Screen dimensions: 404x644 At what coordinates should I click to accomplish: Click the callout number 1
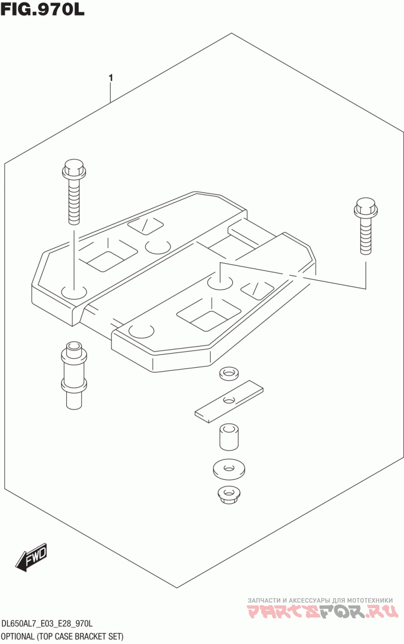click(111, 78)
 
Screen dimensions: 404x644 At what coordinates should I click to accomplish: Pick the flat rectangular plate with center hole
click(229, 400)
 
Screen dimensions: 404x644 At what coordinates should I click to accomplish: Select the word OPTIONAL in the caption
click(18, 636)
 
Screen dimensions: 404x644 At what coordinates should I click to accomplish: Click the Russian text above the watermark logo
click(320, 600)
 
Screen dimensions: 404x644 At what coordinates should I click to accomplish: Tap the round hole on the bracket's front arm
click(141, 331)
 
